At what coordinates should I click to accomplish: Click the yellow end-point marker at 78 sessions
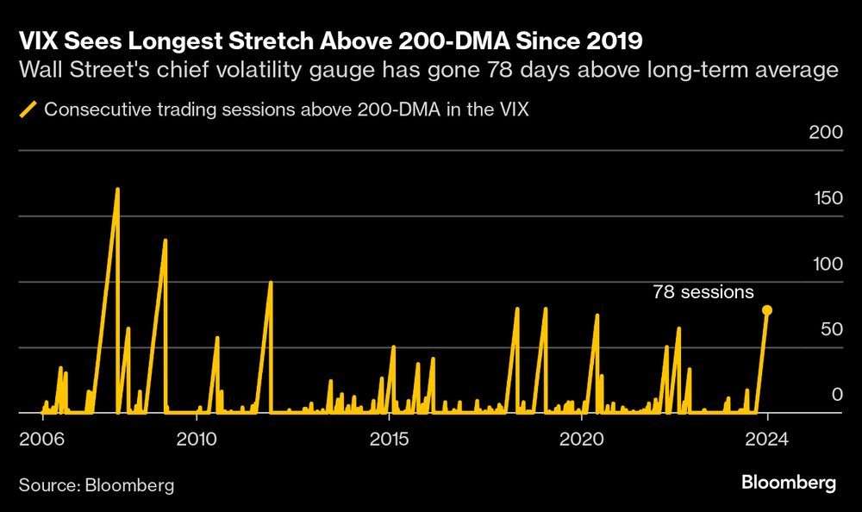click(x=767, y=310)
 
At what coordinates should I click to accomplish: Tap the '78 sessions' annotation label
click(x=703, y=292)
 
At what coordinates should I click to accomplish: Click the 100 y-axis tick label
click(x=824, y=264)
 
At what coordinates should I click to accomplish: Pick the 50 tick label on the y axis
click(x=829, y=329)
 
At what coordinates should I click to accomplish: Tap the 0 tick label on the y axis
click(x=834, y=394)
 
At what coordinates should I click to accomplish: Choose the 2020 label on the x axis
click(x=582, y=437)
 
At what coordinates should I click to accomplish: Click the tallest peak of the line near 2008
click(x=117, y=189)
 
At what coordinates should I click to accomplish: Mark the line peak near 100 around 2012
click(x=271, y=283)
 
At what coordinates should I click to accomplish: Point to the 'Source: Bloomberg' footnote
click(x=96, y=485)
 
